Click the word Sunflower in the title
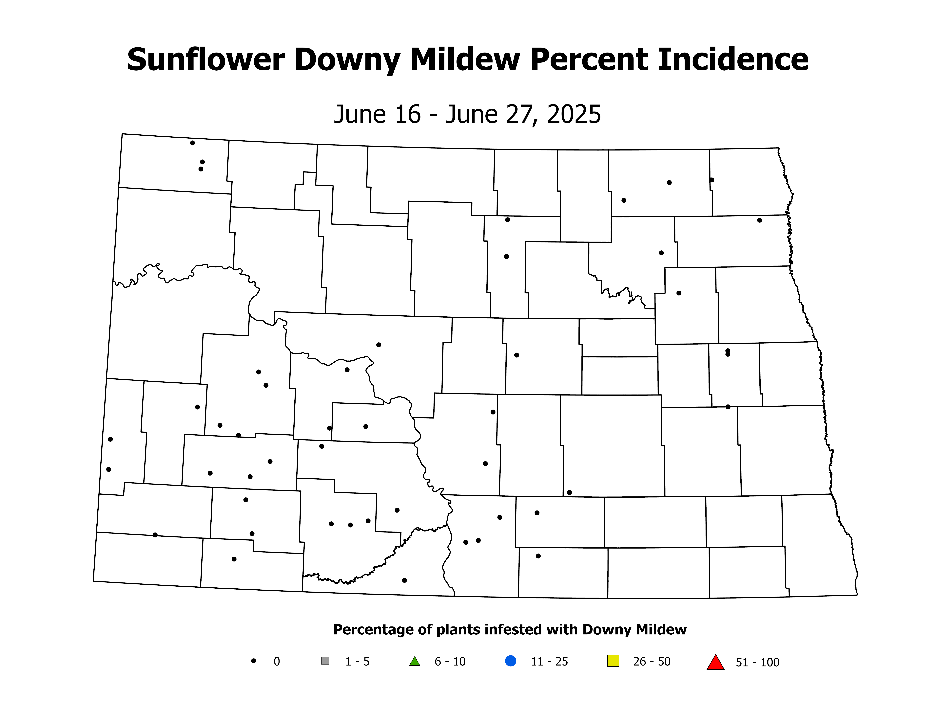[x=206, y=60]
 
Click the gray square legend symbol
[x=325, y=661]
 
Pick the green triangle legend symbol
[x=414, y=661]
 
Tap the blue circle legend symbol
[x=510, y=661]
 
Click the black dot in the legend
[x=254, y=661]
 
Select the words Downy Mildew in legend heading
[x=634, y=630]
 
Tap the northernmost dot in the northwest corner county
[x=192, y=143]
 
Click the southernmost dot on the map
[x=404, y=580]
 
